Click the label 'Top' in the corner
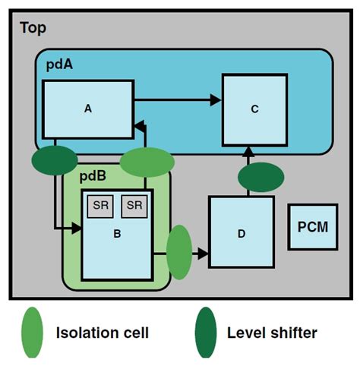pyautogui.click(x=32, y=28)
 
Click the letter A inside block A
pyautogui.click(x=88, y=109)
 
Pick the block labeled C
pyautogui.click(x=254, y=109)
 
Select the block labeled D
pyautogui.click(x=242, y=232)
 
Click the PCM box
pyautogui.click(x=313, y=226)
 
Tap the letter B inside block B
pyautogui.click(x=117, y=234)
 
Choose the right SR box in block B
pyautogui.click(x=134, y=205)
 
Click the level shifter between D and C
pyautogui.click(x=261, y=177)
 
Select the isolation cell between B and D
pyautogui.click(x=178, y=252)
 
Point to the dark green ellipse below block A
pyautogui.click(x=55, y=160)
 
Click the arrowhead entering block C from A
pyautogui.click(x=216, y=99)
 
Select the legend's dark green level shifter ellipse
pyautogui.click(x=205, y=331)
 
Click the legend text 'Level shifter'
pyautogui.click(x=271, y=332)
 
